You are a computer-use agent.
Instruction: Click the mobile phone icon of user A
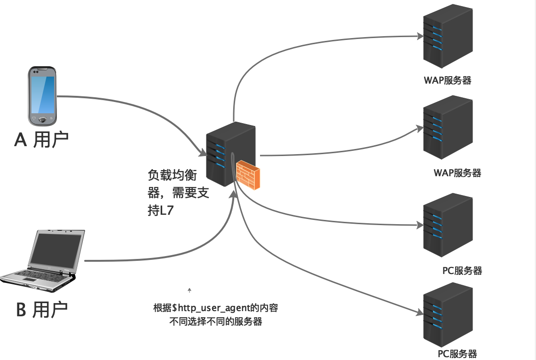pyautogui.click(x=42, y=96)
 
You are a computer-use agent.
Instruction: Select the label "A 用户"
pyautogui.click(x=42, y=140)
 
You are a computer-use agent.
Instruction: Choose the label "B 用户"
pyautogui.click(x=42, y=310)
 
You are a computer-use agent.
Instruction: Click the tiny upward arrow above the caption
pyautogui.click(x=189, y=290)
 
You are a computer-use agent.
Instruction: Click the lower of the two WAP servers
pyautogui.click(x=447, y=128)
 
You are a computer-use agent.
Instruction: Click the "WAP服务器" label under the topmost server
pyautogui.click(x=447, y=80)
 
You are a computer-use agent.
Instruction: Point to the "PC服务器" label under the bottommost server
pyautogui.click(x=457, y=353)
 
